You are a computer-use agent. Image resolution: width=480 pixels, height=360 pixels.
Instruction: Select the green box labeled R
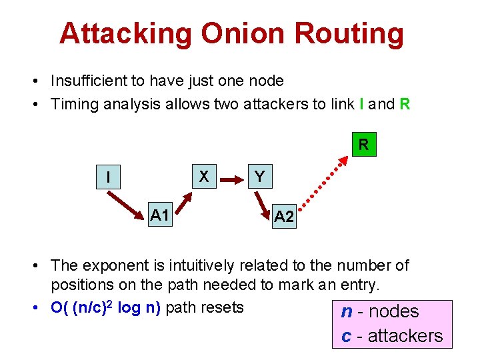point(363,144)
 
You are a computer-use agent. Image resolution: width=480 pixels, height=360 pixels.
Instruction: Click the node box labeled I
point(109,178)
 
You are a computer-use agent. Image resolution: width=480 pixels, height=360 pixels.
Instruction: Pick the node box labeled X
point(205,177)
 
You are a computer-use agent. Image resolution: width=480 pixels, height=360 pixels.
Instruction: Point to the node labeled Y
point(259,177)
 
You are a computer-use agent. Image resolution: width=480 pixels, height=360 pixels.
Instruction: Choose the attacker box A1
point(159,215)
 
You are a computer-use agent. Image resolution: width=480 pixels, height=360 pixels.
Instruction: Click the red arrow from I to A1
point(128,201)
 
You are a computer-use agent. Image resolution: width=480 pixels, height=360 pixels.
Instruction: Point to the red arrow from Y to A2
point(263,199)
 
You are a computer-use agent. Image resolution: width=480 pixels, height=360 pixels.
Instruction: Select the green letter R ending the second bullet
point(404,104)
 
